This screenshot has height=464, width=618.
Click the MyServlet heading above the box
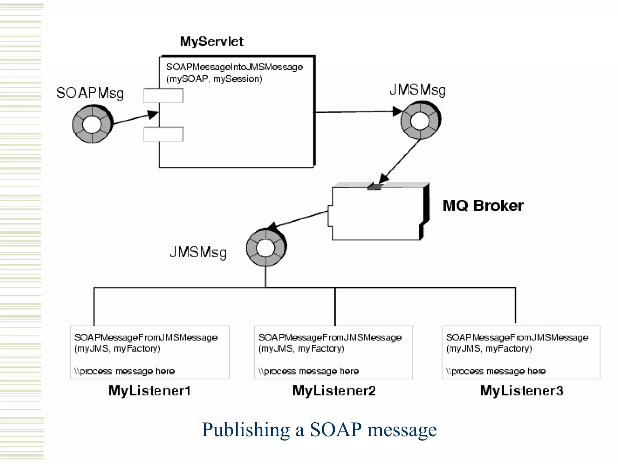pyautogui.click(x=212, y=41)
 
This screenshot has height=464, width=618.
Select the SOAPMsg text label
pyautogui.click(x=90, y=93)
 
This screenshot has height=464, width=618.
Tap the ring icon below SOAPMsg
pyautogui.click(x=92, y=124)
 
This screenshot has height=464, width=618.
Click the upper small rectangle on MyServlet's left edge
pyautogui.click(x=163, y=95)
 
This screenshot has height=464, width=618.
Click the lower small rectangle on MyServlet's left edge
pyautogui.click(x=163, y=134)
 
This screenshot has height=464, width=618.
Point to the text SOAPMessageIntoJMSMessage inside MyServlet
pyautogui.click(x=234, y=67)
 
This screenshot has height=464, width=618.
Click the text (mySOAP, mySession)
pyautogui.click(x=214, y=79)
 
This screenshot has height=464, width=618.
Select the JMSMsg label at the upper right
pyautogui.click(x=418, y=90)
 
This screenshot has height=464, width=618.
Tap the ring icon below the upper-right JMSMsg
pyautogui.click(x=420, y=120)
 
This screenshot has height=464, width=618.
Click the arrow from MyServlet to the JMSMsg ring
pyautogui.click(x=356, y=112)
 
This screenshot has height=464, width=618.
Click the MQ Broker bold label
pyautogui.click(x=483, y=206)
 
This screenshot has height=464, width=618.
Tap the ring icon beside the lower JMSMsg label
pyautogui.click(x=266, y=247)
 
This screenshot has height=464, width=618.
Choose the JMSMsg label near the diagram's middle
pyautogui.click(x=198, y=252)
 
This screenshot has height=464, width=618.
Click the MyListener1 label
pyautogui.click(x=150, y=391)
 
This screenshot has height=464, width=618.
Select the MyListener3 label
pyautogui.click(x=521, y=391)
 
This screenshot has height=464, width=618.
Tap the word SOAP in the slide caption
pyautogui.click(x=335, y=429)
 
